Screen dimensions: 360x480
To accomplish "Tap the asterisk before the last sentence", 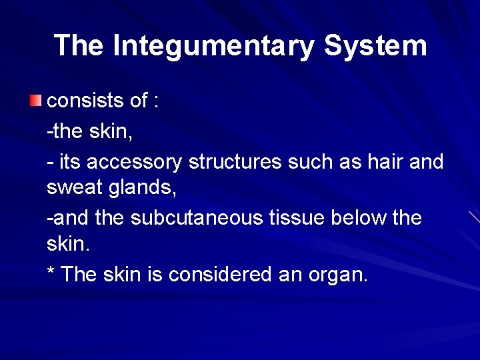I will (x=51, y=272).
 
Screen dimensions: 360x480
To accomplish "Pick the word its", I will (x=69, y=162).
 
